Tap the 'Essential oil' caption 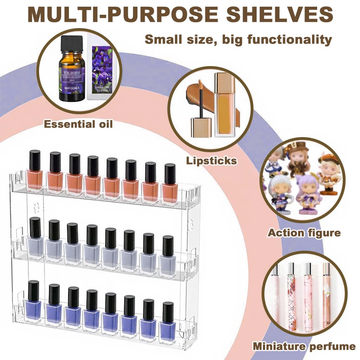pyautogui.click(x=78, y=124)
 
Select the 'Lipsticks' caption pyautogui.click(x=211, y=161)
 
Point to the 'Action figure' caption pyautogui.click(x=304, y=232)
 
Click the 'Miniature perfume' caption pyautogui.click(x=304, y=346)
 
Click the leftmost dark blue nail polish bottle pyautogui.click(x=33, y=302)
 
